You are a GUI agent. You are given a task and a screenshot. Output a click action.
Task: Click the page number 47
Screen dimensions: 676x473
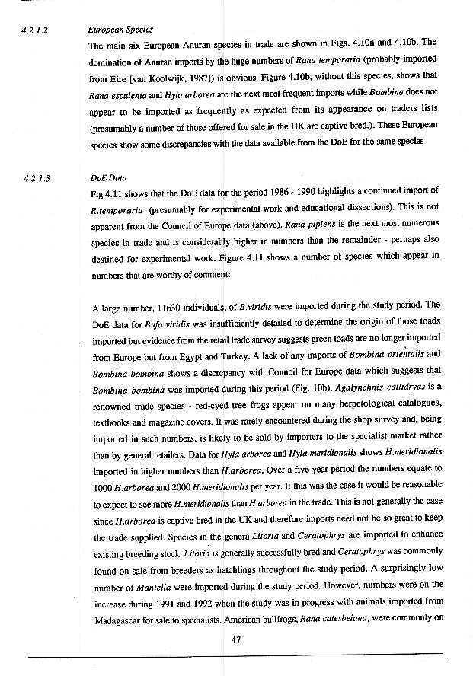(236, 639)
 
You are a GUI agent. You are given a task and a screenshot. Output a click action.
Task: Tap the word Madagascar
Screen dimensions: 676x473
(120, 620)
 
